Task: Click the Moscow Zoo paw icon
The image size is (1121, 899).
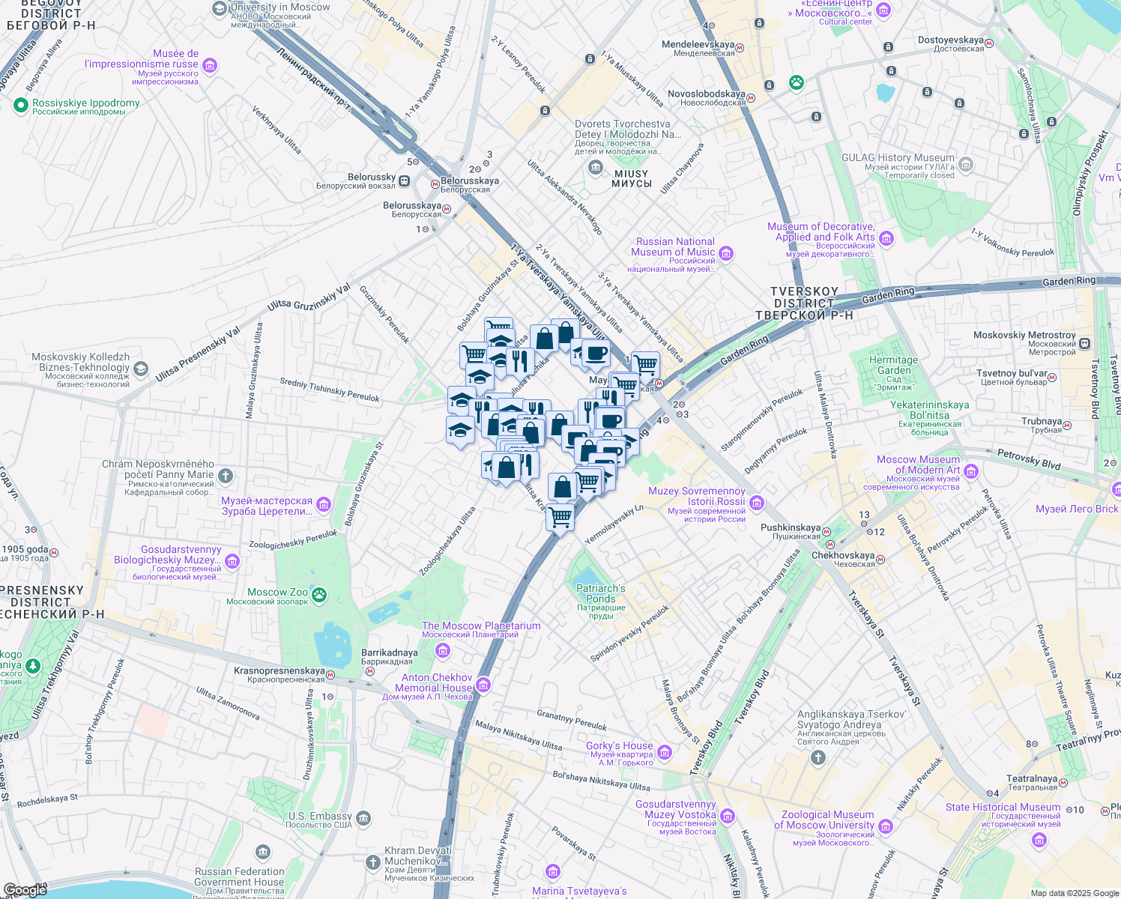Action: tap(320, 595)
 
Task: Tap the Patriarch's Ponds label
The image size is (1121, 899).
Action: tap(600, 593)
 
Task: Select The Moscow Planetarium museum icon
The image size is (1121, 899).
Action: tap(442, 649)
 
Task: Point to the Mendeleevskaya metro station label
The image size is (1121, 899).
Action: tap(698, 45)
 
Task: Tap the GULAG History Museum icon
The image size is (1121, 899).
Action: tap(966, 164)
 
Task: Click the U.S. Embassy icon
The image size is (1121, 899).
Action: tap(363, 817)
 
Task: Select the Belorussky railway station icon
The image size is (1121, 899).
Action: tap(405, 181)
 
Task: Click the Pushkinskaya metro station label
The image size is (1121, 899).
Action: tap(791, 528)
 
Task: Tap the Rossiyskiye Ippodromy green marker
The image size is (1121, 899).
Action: tap(21, 106)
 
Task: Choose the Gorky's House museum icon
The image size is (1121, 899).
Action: tap(664, 751)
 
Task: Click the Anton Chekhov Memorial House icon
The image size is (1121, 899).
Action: tap(483, 684)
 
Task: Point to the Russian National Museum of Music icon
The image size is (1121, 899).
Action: tap(725, 253)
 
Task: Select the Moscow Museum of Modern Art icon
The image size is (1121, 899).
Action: tap(971, 470)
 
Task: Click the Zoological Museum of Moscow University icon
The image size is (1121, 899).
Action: tap(886, 826)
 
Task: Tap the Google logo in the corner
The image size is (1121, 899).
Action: tap(25, 889)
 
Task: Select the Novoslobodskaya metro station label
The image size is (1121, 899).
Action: tap(706, 94)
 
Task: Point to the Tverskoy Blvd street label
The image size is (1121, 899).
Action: tap(752, 698)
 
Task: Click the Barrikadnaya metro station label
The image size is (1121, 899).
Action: tap(389, 653)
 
